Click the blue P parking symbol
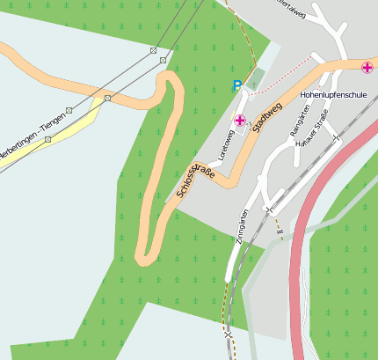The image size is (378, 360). (x=236, y=85)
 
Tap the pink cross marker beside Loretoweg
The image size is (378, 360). (x=240, y=120)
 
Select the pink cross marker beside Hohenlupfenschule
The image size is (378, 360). (x=367, y=67)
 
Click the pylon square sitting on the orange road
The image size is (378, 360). (x=107, y=99)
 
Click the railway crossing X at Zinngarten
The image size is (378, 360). (x=269, y=209)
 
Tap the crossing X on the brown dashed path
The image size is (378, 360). (x=229, y=334)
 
